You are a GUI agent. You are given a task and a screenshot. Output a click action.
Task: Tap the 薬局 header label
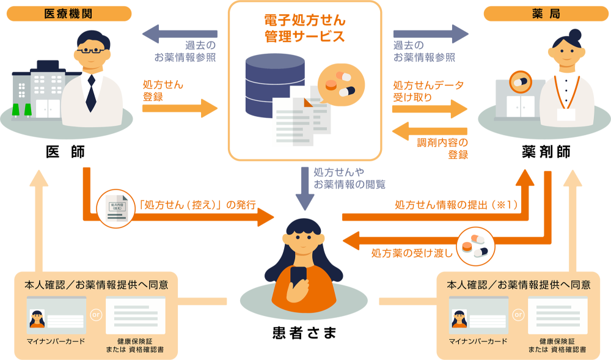click(x=546, y=13)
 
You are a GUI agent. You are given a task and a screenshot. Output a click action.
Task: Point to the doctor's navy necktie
click(x=91, y=92)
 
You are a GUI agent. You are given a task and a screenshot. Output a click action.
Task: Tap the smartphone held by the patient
click(x=299, y=279)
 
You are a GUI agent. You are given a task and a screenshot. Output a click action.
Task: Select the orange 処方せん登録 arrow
click(x=180, y=109)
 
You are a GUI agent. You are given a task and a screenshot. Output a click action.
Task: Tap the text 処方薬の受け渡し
click(x=412, y=252)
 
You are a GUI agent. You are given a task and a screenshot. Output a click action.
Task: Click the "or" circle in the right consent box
click(x=519, y=315)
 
